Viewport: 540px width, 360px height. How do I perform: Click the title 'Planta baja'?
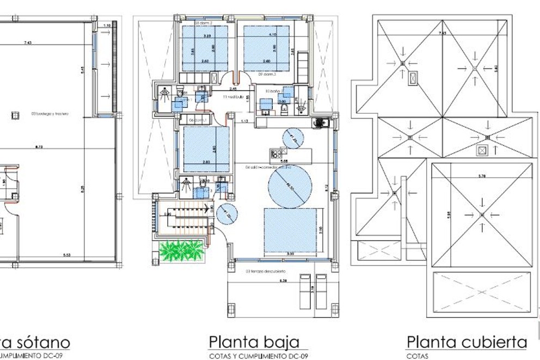[x=254, y=342]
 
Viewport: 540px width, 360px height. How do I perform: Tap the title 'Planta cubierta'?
[x=467, y=342]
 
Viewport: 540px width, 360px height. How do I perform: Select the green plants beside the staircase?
[x=181, y=251]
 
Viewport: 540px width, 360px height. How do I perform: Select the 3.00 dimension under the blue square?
[x=291, y=254]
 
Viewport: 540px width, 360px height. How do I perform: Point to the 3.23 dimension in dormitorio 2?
[x=207, y=35]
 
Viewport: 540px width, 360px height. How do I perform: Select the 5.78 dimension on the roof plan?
[x=482, y=176]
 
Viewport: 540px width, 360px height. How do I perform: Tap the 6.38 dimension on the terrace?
[x=266, y=281]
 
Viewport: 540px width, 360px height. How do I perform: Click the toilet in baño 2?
[x=285, y=109]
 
